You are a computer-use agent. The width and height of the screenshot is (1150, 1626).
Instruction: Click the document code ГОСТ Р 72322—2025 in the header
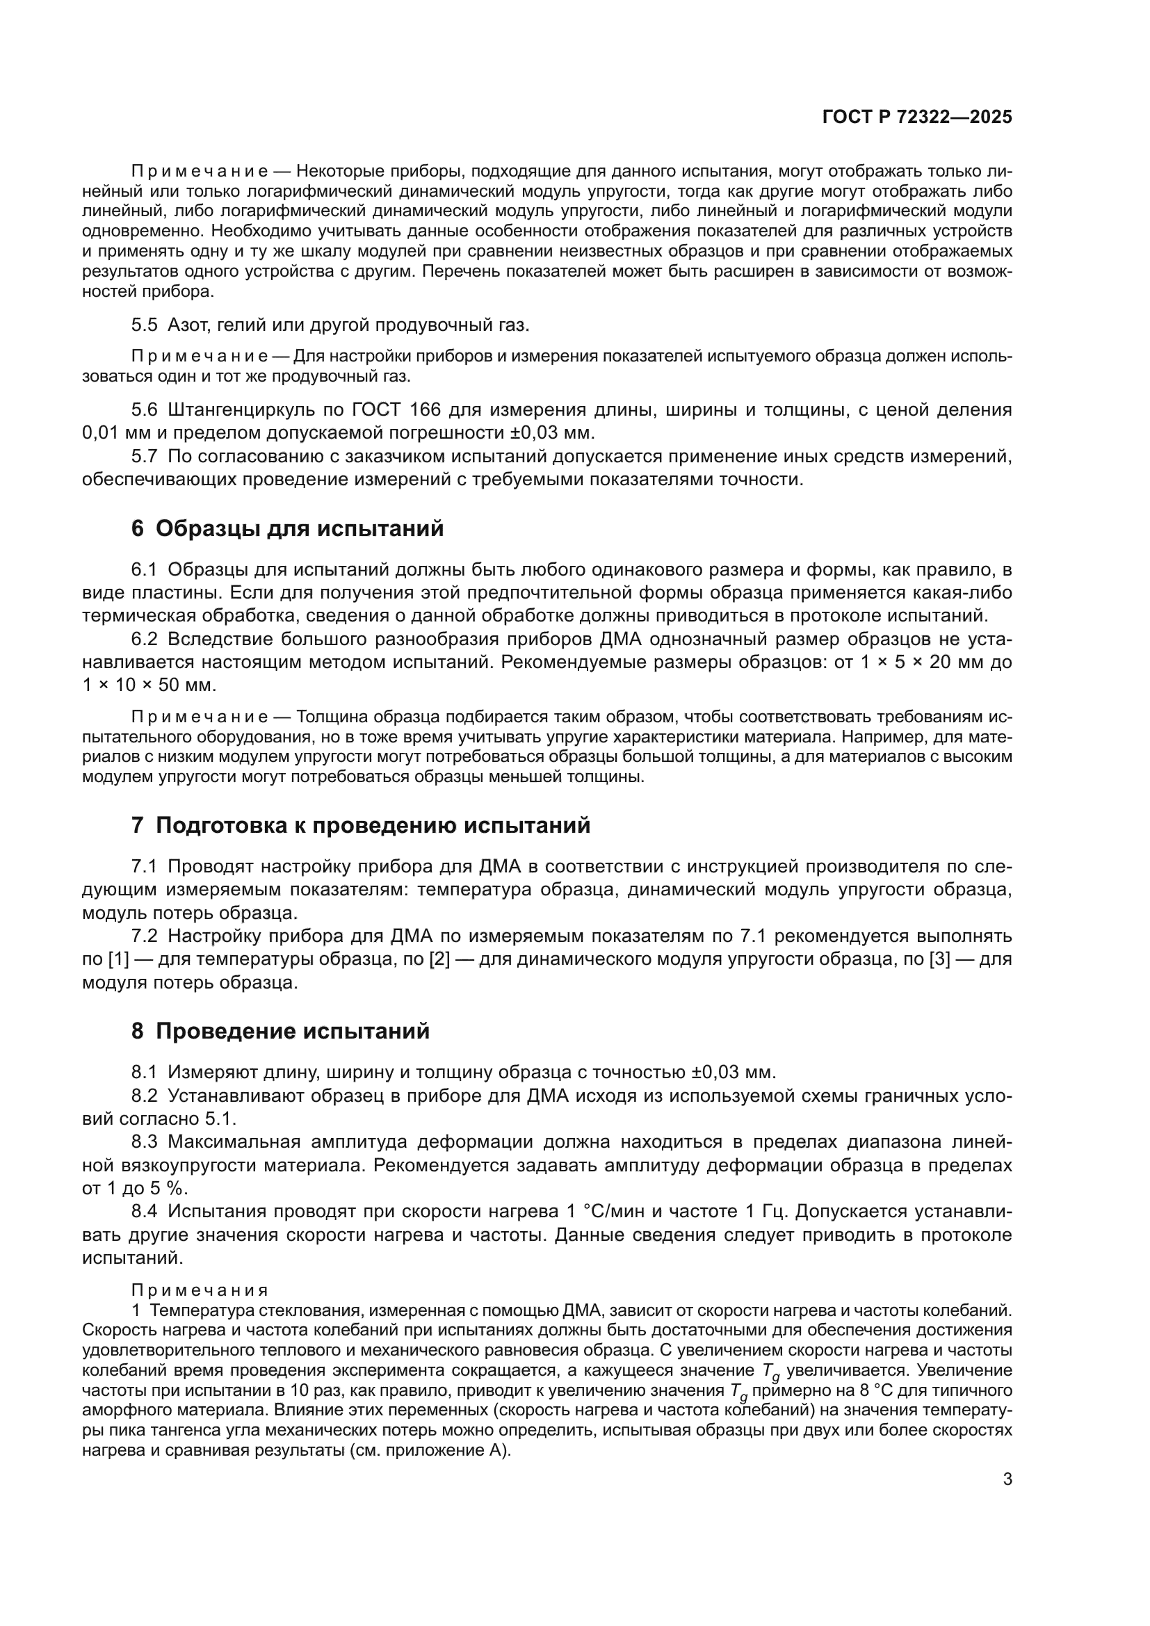pos(917,117)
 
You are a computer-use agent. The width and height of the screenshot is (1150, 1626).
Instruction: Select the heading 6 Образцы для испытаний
pos(288,528)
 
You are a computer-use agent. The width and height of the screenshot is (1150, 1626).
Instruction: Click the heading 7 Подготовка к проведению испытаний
pos(360,826)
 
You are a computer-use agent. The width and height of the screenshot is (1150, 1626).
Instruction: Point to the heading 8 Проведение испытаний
pos(280,1031)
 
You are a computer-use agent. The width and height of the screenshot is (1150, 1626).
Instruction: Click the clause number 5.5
pos(145,325)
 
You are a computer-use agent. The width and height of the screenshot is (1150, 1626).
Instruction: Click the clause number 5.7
pos(145,456)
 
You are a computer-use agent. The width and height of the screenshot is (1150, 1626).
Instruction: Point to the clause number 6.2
pos(145,639)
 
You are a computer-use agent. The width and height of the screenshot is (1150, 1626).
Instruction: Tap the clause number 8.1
pos(145,1071)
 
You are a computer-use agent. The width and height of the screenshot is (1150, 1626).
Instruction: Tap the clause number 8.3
pos(145,1141)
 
